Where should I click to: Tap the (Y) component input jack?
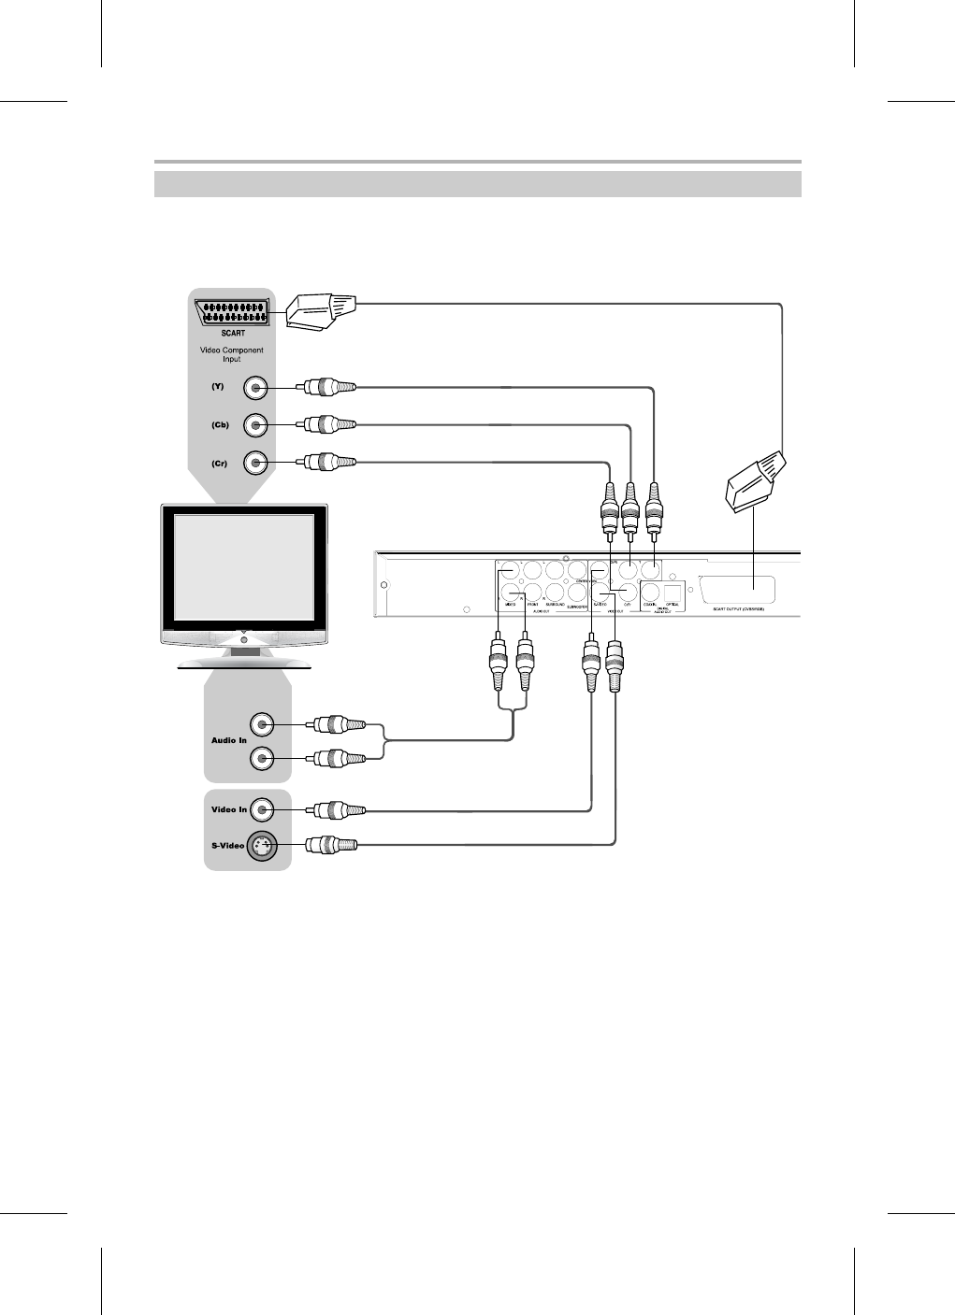255,388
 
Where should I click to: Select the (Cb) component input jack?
255,425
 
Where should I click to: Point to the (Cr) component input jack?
255,463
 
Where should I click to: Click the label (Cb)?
219,425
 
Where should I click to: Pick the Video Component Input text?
233,354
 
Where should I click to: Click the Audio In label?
229,741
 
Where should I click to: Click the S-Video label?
225,846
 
